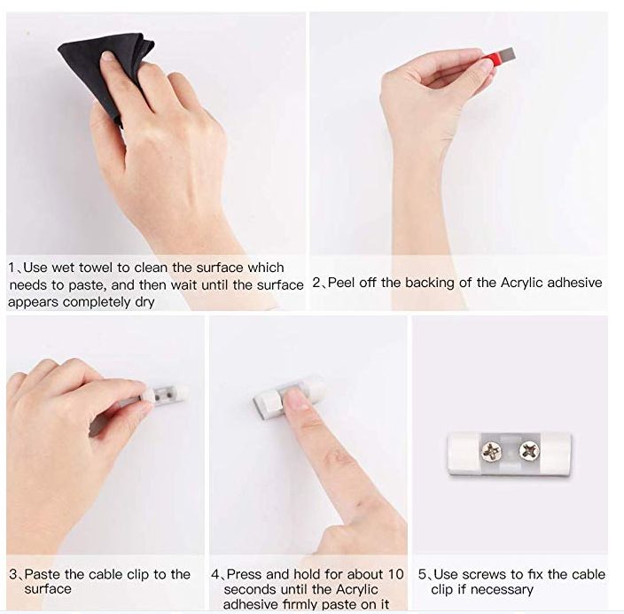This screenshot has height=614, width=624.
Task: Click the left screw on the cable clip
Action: [x=491, y=452]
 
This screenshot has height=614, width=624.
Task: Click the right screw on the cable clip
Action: [x=529, y=451]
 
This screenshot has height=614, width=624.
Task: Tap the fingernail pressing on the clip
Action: [x=295, y=399]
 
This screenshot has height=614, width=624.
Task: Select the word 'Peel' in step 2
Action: [x=341, y=283]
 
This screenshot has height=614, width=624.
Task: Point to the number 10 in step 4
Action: [x=395, y=574]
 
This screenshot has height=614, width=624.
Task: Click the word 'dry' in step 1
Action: [x=144, y=302]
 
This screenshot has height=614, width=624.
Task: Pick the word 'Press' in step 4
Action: [x=245, y=574]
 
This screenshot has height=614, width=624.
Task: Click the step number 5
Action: [x=422, y=575]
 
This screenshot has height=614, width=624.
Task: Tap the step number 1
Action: [x=12, y=268]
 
